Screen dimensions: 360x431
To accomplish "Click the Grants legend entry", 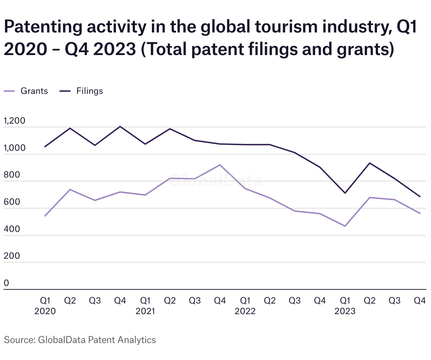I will [x=34, y=91].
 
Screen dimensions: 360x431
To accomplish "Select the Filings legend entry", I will [x=89, y=91].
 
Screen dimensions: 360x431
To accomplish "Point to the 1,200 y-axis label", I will [x=14, y=121].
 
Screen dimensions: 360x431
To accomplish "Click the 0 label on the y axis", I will [x=6, y=283].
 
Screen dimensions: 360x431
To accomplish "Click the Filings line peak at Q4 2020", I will [x=120, y=126].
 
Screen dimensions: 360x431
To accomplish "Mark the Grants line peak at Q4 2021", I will [x=220, y=165].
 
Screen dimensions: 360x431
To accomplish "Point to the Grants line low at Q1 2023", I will [x=345, y=226].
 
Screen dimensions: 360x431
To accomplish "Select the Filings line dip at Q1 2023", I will [x=345, y=193].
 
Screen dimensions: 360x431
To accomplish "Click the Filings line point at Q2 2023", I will [x=370, y=163].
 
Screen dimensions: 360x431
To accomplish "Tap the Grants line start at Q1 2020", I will [x=45, y=216].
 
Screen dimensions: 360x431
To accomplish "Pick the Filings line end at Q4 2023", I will [x=420, y=197].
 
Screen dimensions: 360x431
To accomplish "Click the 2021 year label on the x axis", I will [x=145, y=311].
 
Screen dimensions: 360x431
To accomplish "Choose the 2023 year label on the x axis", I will [x=345, y=311].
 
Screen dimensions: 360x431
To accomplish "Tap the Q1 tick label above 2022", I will [x=245, y=301].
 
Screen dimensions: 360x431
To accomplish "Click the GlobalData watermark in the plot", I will [x=215, y=181].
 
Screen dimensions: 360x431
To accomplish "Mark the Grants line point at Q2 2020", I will [x=70, y=190].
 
